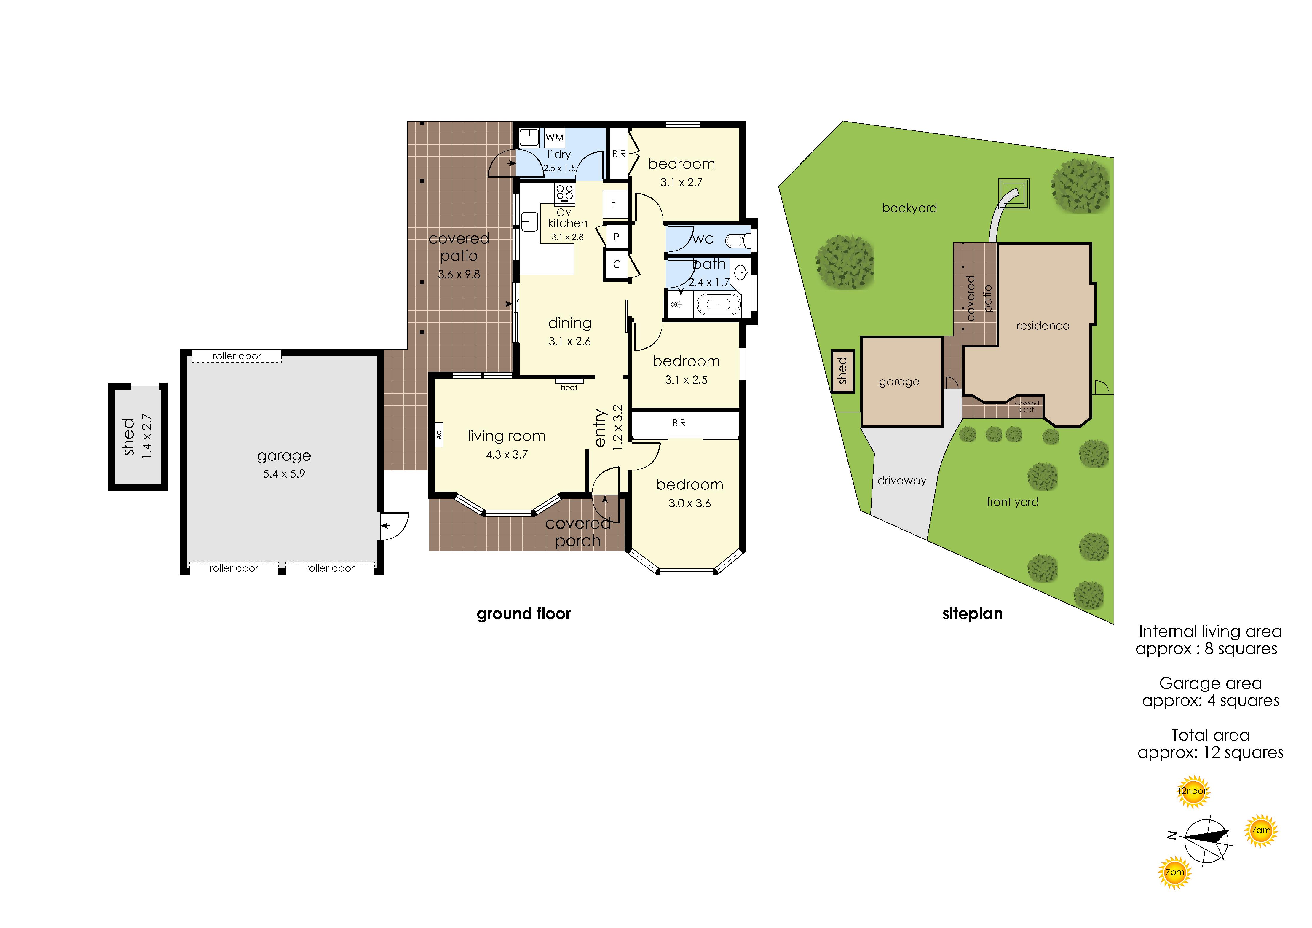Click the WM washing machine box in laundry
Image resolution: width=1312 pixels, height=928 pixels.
pyautogui.click(x=554, y=137)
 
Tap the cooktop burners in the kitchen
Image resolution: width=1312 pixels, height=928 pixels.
pyautogui.click(x=565, y=193)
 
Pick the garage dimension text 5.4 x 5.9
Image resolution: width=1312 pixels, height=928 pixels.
pyautogui.click(x=284, y=474)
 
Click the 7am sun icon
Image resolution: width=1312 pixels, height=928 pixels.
pyautogui.click(x=1261, y=830)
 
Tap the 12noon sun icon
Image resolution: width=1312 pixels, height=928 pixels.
pyautogui.click(x=1193, y=791)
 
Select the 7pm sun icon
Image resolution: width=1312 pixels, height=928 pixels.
pyautogui.click(x=1175, y=873)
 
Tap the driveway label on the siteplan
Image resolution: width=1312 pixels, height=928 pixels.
pyautogui.click(x=902, y=481)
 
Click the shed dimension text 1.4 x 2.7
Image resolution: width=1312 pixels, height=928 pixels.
pyautogui.click(x=147, y=436)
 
